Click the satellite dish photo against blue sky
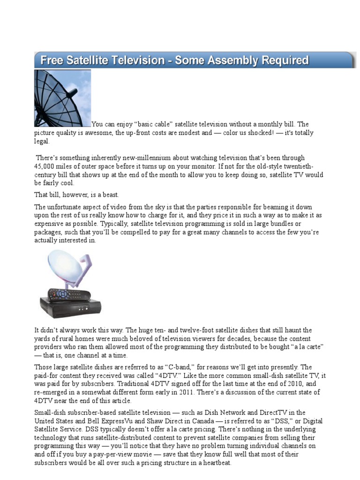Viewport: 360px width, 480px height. pyautogui.click(x=62, y=98)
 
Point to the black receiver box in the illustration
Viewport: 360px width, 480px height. pyautogui.click(x=70, y=307)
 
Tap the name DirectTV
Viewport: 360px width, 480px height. pyautogui.click(x=271, y=412)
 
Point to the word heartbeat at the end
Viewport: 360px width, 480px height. pyautogui.click(x=214, y=463)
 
